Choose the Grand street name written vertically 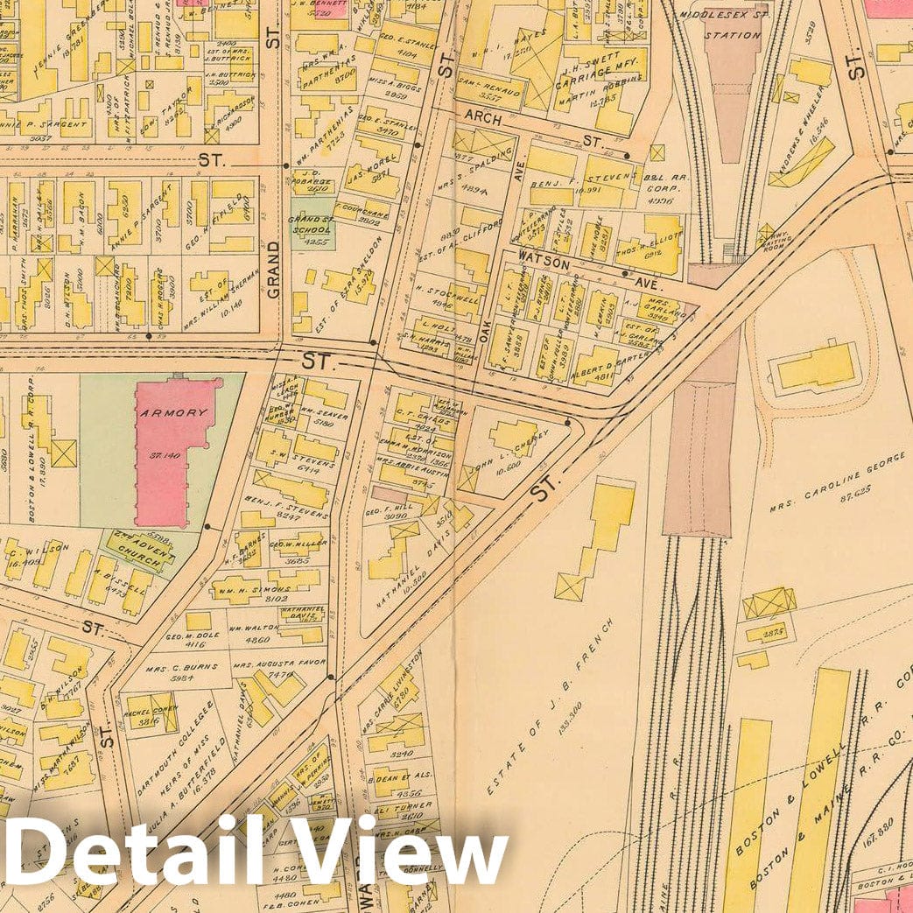click(273, 269)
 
